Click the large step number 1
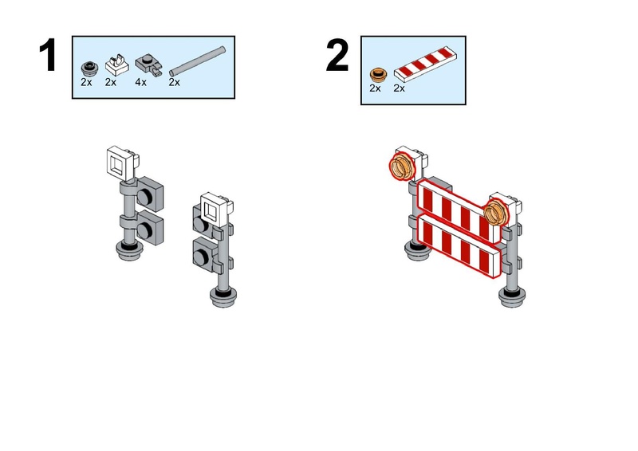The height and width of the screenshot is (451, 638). (48, 55)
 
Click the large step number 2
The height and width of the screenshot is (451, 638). (337, 55)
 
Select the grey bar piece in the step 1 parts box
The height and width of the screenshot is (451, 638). (197, 61)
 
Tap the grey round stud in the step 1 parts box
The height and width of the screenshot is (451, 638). (89, 69)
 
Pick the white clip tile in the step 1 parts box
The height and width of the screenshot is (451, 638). (116, 65)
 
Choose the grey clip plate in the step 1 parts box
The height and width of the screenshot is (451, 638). (149, 65)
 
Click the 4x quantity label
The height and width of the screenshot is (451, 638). (141, 82)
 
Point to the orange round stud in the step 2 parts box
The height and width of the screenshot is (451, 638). (379, 75)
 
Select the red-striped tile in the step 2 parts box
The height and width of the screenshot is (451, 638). (426, 62)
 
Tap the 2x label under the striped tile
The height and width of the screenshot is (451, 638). (400, 88)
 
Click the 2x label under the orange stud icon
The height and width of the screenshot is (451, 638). (375, 88)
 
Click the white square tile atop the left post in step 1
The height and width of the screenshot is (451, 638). (121, 163)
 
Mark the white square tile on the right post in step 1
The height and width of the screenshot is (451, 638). (215, 210)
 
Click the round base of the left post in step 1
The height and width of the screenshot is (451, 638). (129, 250)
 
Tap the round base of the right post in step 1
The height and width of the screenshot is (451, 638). (223, 297)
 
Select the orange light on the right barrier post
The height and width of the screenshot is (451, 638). (495, 211)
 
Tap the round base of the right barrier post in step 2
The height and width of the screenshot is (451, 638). (512, 297)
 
